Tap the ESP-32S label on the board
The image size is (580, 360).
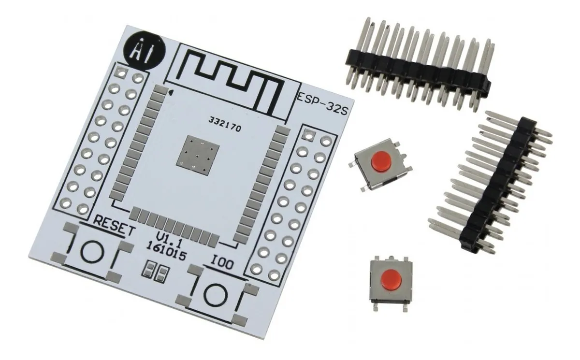(x=322, y=104)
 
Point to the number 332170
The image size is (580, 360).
(x=225, y=124)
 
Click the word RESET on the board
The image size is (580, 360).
(x=114, y=227)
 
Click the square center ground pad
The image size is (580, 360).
(x=198, y=154)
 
